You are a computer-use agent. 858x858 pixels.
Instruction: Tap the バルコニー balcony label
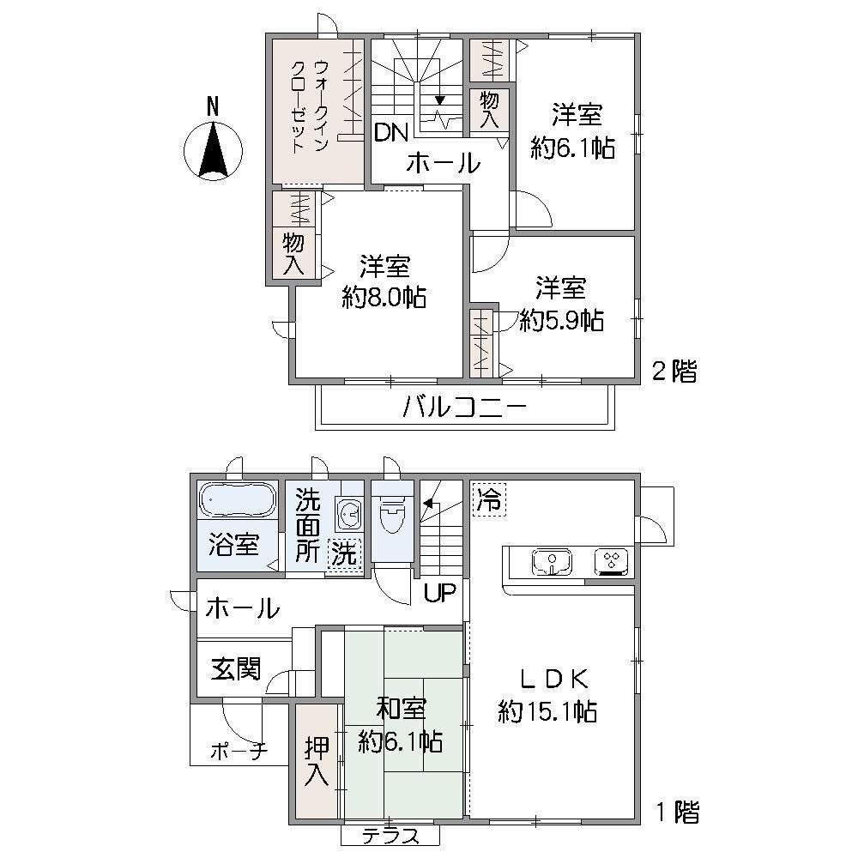click(464, 407)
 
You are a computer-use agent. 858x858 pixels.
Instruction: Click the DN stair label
click(391, 132)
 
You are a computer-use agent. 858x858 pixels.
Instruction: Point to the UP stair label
click(440, 592)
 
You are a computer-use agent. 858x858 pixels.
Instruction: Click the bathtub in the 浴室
click(237, 499)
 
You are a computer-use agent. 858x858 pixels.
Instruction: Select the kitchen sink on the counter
click(552, 561)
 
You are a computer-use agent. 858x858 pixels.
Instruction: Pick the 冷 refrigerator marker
click(489, 498)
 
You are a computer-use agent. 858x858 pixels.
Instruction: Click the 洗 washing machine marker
click(344, 555)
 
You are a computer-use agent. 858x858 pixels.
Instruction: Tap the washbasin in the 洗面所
click(349, 514)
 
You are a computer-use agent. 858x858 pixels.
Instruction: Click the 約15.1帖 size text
click(547, 712)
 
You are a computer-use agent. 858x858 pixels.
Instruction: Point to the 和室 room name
click(401, 709)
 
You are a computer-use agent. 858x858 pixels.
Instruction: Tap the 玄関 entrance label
click(237, 668)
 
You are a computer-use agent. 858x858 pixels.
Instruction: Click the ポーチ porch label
click(239, 752)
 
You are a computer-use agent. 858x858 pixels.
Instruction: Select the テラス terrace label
click(390, 837)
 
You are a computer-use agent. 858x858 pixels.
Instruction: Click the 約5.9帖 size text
click(561, 320)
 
